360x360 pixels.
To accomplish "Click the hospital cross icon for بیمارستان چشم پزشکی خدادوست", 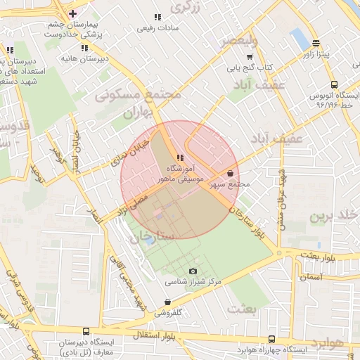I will (x=73, y=13).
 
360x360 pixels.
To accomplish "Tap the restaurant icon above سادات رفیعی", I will (x=157, y=16).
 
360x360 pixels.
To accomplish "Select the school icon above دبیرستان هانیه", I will (x=84, y=48).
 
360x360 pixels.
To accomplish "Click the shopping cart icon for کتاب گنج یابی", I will (x=250, y=57).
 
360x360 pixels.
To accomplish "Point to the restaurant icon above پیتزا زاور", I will (x=316, y=42).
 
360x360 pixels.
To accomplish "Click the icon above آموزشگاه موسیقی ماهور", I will (x=181, y=158).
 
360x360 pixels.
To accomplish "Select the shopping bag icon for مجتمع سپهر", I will (x=231, y=173).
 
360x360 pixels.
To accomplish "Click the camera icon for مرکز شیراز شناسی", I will (x=193, y=271).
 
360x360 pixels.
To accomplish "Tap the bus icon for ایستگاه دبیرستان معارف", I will (x=86, y=331).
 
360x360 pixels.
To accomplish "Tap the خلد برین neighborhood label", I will (x=336, y=214).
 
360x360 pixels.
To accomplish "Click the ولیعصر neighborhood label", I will (x=239, y=42).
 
